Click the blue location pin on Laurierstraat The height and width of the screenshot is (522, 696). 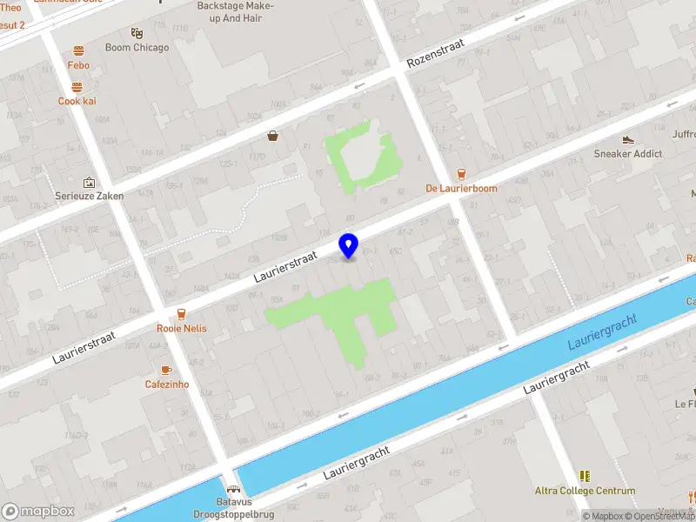pos(349,245)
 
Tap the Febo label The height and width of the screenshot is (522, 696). pos(78,65)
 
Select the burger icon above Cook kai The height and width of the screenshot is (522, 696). pos(77,87)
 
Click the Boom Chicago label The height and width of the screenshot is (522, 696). pos(137,48)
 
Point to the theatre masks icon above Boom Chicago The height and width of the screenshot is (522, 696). pos(137,33)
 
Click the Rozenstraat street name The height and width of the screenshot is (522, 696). pos(437,53)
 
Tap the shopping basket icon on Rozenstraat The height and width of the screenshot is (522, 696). pos(273,136)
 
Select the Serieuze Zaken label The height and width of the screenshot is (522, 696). pos(89,196)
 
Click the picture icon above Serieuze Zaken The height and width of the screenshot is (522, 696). pos(89,183)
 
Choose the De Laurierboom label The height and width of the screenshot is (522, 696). pos(461,188)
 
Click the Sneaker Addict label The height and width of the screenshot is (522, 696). pos(628,154)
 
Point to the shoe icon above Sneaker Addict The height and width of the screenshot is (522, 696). pos(628,140)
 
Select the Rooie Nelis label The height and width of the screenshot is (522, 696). pos(181,328)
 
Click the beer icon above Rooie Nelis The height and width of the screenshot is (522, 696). pos(181,314)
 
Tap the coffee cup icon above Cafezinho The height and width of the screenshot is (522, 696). pos(166,370)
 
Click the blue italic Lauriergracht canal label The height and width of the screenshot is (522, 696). pos(602,332)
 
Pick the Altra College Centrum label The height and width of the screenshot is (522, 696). pos(585,491)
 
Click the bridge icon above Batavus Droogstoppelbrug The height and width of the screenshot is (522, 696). pos(233,490)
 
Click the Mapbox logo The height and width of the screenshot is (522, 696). pos(38,512)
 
